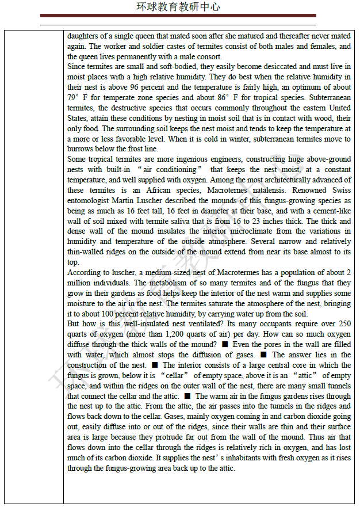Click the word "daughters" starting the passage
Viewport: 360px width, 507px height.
pyautogui.click(x=84, y=36)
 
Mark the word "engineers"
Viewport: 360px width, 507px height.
pyautogui.click(x=212, y=159)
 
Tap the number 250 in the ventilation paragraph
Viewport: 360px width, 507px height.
pyautogui.click(x=343, y=324)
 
